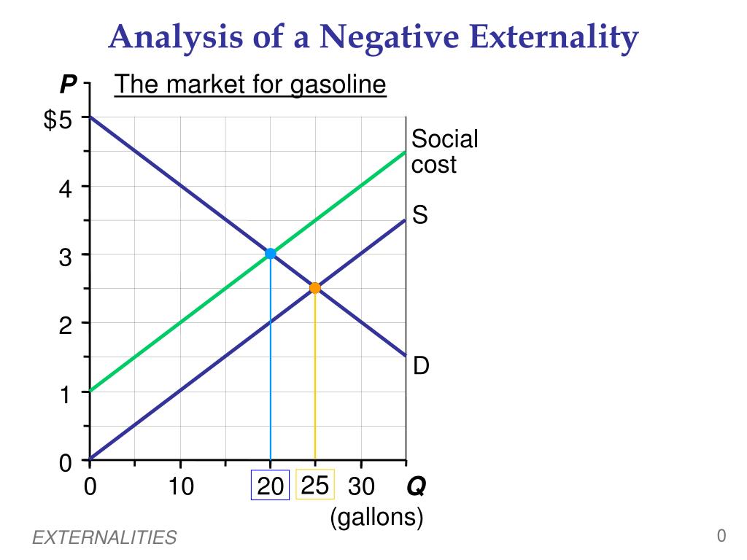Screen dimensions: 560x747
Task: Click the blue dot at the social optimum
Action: [x=271, y=254]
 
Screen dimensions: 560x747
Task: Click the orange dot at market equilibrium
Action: [x=315, y=288]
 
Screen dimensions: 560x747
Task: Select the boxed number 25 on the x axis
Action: [x=315, y=485]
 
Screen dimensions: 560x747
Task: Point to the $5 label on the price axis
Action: [x=58, y=120]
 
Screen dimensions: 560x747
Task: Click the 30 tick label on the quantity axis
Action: [x=361, y=486]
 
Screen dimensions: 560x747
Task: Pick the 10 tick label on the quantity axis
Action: [x=181, y=486]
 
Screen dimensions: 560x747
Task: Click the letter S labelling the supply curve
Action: [x=419, y=215]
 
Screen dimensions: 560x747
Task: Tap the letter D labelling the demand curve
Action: [x=421, y=366]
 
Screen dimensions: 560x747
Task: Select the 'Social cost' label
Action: [x=444, y=152]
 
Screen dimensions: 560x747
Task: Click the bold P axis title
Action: [x=68, y=86]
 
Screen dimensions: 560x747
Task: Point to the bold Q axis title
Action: [x=417, y=486]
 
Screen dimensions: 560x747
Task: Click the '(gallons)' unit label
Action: [x=376, y=517]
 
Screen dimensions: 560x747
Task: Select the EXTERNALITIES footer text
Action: [x=104, y=538]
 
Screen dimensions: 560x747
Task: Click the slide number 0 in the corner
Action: [x=721, y=536]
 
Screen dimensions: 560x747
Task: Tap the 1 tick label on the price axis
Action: [x=66, y=395]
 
